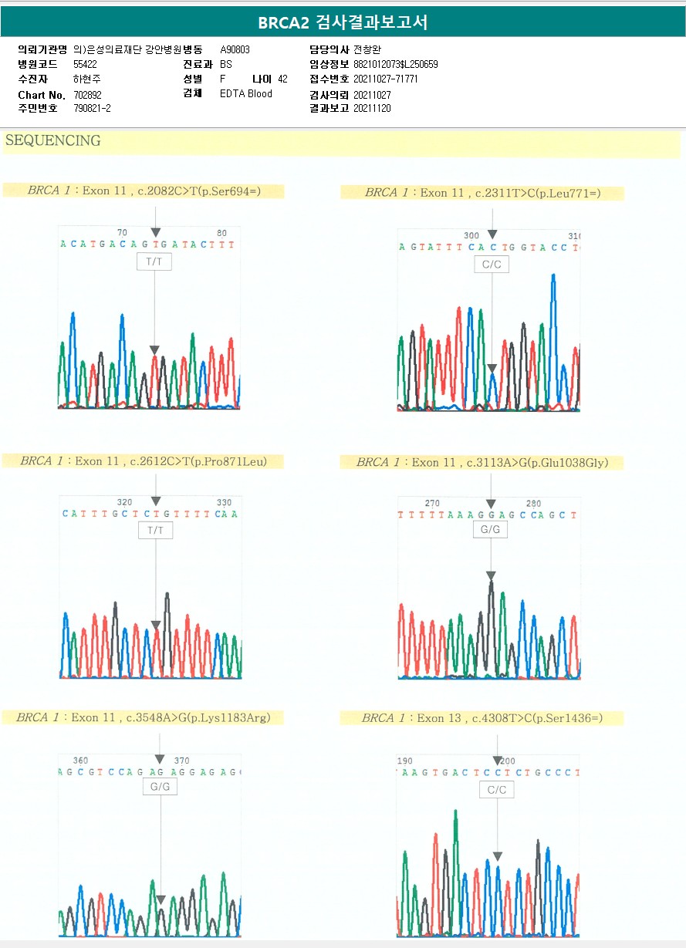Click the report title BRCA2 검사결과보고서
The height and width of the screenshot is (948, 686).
[343, 22]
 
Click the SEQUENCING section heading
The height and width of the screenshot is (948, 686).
[53, 140]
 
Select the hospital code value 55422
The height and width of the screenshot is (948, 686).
[85, 64]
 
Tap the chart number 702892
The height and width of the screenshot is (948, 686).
[87, 95]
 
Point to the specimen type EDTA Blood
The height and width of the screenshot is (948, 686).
[246, 94]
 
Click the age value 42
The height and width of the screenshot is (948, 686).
[282, 79]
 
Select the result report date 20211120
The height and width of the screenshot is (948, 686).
[372, 109]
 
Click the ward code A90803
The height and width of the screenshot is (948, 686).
[235, 49]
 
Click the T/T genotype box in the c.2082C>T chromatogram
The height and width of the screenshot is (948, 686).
[154, 262]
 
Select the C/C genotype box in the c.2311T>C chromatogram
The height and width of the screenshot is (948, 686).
[492, 265]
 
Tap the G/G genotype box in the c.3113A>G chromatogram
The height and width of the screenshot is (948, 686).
[490, 530]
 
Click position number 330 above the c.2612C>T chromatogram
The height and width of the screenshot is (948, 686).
[224, 502]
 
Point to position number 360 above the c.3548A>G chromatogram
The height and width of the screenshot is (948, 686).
[80, 760]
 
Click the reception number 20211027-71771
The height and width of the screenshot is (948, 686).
[385, 79]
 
